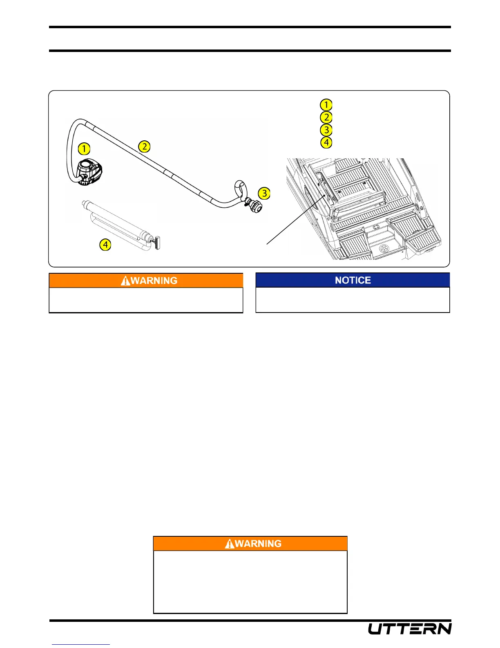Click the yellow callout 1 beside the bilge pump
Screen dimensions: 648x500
pos(84,148)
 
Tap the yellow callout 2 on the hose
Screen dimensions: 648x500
pos(144,146)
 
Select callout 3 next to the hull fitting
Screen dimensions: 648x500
pos(264,193)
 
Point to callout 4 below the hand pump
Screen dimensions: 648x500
pos(105,245)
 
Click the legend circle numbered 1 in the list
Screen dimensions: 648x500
pos(326,105)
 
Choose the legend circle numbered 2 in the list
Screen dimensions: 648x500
pos(326,117)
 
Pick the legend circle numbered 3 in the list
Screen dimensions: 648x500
pos(326,130)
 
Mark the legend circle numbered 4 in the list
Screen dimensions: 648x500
pos(326,143)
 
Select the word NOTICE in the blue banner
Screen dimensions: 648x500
pos(353,280)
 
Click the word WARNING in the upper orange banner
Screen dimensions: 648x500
pos(154,281)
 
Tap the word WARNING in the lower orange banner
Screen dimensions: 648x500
pos(258,544)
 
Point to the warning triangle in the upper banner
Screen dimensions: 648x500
pos(125,281)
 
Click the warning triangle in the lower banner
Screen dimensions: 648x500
pos(230,544)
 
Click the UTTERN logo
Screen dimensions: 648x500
pos(410,629)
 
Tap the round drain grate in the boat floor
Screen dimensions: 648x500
pos(384,248)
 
